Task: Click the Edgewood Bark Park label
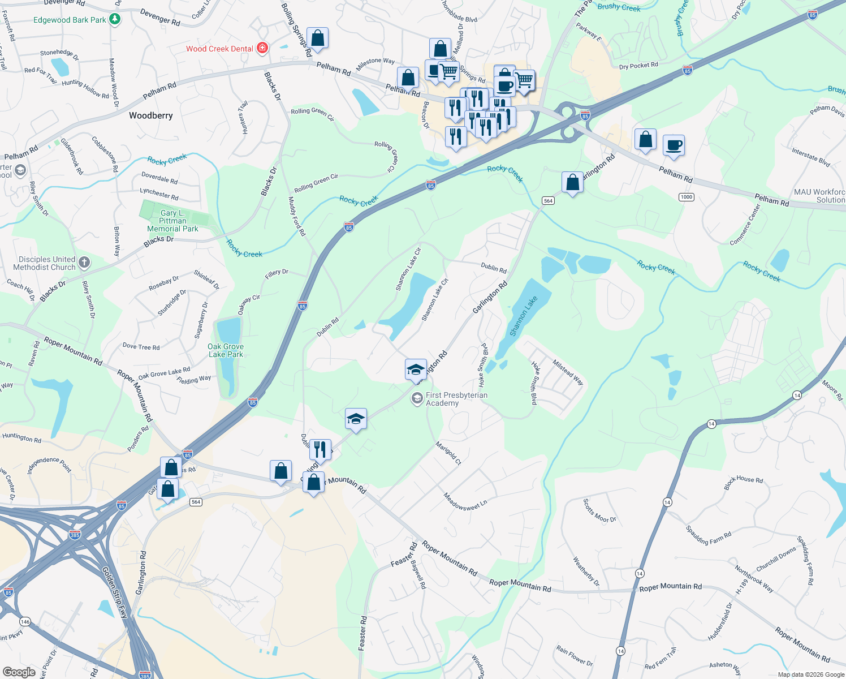tap(70, 20)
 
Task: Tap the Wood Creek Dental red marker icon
tap(262, 48)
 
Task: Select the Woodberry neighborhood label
tap(150, 115)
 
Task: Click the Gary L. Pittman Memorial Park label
tap(172, 221)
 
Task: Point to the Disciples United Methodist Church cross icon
tap(84, 262)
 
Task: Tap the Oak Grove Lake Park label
tap(226, 350)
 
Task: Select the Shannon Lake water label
tap(523, 316)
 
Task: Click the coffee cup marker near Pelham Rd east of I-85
tap(674, 145)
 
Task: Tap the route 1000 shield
tap(686, 197)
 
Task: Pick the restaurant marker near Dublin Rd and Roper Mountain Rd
tap(321, 449)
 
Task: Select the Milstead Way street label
tap(568, 372)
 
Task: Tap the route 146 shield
tap(24, 621)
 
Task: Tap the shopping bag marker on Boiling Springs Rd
tap(317, 38)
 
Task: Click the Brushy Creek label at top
tap(619, 7)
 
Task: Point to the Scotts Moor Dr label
tap(599, 510)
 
